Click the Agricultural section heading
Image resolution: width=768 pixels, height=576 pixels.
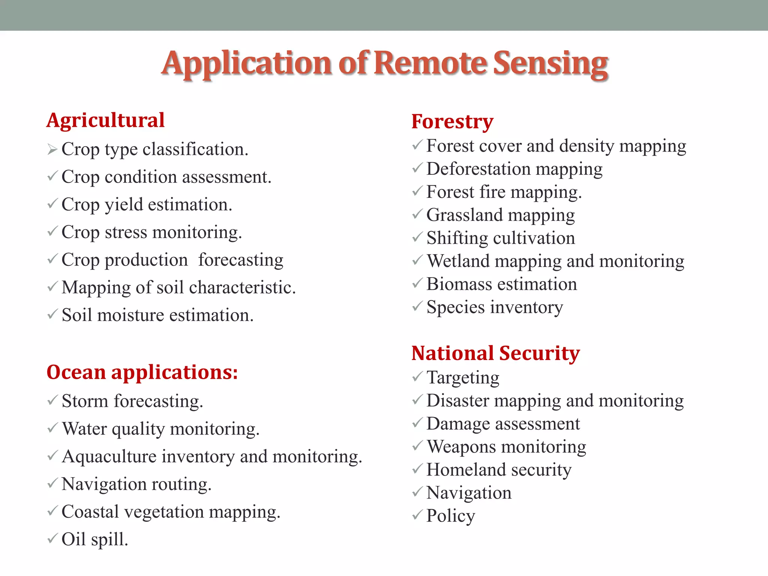coord(105,120)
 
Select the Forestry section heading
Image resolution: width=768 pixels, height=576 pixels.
coord(452,121)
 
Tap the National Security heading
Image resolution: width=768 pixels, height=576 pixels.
coord(495,353)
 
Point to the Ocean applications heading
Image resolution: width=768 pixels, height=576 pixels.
coord(142,372)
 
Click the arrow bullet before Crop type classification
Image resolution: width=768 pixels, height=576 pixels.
coord(52,150)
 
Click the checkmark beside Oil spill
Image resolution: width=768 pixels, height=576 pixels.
coord(52,539)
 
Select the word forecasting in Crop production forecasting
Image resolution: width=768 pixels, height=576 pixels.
coord(241,260)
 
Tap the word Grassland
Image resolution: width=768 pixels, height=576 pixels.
coord(464,215)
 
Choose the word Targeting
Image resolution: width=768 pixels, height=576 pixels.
coord(463,378)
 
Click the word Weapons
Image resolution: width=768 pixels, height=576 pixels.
coord(462,447)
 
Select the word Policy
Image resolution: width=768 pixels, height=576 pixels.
coord(450,516)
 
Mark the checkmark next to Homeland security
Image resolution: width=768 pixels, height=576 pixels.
coord(417,469)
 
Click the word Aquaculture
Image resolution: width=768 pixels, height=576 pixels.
coord(109,457)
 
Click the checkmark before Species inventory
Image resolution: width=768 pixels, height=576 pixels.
coord(417,307)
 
